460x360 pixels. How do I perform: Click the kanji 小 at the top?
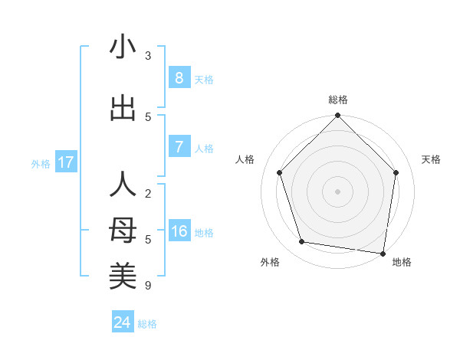[123, 47]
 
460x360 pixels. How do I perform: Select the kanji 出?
[123, 108]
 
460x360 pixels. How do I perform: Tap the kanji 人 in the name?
[123, 185]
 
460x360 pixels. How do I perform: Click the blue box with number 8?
[179, 78]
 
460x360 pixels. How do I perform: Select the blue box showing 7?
[179, 147]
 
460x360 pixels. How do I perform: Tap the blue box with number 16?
[179, 231]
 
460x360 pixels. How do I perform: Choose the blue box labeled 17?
[65, 162]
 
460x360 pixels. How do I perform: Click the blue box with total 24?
[123, 322]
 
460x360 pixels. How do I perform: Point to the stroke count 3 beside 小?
[148, 56]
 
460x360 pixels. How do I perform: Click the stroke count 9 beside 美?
[148, 286]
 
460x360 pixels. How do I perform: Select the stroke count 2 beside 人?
[148, 194]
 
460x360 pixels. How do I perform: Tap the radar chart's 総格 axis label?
[338, 100]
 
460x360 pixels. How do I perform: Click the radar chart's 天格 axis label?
[431, 159]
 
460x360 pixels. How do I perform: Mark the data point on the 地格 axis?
[383, 253]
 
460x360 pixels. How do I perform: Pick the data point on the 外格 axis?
[302, 242]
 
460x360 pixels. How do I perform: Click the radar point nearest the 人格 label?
[279, 172]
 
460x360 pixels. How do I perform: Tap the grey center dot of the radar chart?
[337, 191]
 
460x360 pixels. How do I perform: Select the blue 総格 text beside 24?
[147, 323]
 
